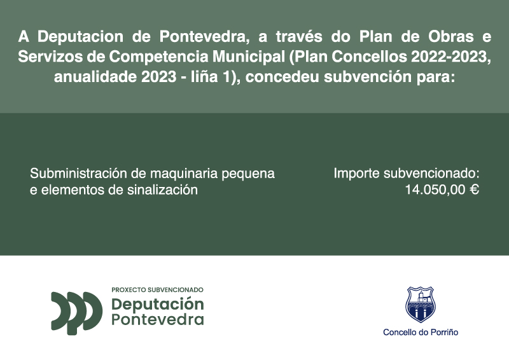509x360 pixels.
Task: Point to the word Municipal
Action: click(x=248, y=57)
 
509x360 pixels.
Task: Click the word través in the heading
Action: click(x=298, y=36)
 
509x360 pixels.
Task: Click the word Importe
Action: click(x=356, y=174)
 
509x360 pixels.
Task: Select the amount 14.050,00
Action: click(x=435, y=190)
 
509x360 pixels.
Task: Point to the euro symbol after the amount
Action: click(x=474, y=190)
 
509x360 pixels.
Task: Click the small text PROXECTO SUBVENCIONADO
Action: click(x=157, y=289)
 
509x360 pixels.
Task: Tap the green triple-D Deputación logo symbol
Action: click(x=76, y=312)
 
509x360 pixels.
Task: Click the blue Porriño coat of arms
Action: click(x=421, y=304)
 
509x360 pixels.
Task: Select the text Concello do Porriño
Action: click(x=421, y=332)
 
